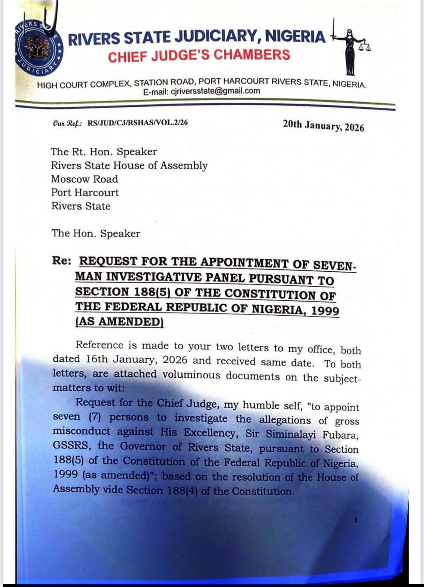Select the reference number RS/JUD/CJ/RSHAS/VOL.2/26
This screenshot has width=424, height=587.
(138, 123)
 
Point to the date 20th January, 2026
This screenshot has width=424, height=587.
(323, 126)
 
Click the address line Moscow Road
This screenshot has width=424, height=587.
(84, 179)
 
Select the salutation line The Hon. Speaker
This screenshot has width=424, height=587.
(96, 233)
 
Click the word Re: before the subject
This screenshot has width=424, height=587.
(62, 261)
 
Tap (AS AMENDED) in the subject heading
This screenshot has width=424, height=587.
(119, 321)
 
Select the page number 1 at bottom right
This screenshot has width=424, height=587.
(356, 520)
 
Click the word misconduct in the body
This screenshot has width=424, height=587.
(82, 432)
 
